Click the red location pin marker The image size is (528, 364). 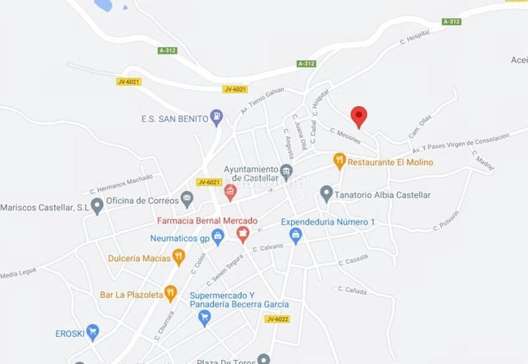click(358, 116)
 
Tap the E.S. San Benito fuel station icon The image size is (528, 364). click(216, 119)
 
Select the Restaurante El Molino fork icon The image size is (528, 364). click(339, 161)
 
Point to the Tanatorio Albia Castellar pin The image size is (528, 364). click(325, 194)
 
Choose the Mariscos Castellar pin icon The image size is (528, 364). click(98, 207)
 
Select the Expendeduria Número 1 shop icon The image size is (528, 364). click(296, 235)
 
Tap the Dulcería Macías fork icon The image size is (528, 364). click(178, 257)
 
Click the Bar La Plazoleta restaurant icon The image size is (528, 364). click(171, 293)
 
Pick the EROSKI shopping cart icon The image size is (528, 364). click(92, 332)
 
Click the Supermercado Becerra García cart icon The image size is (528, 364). click(205, 318)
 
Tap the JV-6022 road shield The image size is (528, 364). click(278, 319)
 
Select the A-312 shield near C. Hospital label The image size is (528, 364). click(451, 22)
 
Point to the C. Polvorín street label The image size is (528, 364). click(446, 222)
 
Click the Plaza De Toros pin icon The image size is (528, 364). click(264, 359)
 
